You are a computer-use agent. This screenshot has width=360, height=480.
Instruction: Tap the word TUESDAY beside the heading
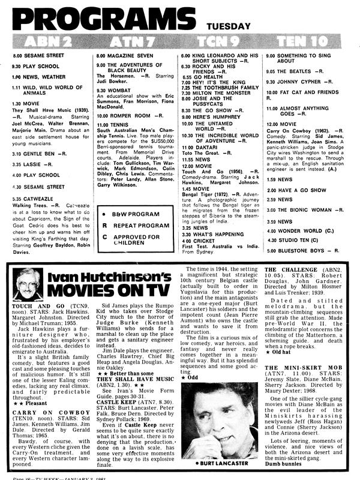pyautogui.click(x=228, y=26)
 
